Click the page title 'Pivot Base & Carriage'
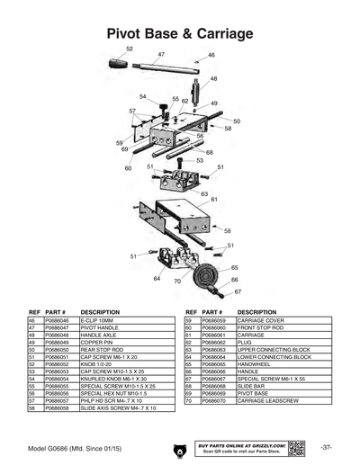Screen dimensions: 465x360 click(x=180, y=33)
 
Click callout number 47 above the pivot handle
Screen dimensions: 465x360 click(x=161, y=55)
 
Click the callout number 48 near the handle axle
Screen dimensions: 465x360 click(x=213, y=79)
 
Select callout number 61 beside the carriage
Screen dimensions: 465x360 click(x=214, y=200)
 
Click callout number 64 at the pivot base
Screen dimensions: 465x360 click(x=157, y=280)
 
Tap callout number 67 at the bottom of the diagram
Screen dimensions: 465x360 click(x=237, y=292)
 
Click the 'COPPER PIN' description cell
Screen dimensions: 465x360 click(x=98, y=342)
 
